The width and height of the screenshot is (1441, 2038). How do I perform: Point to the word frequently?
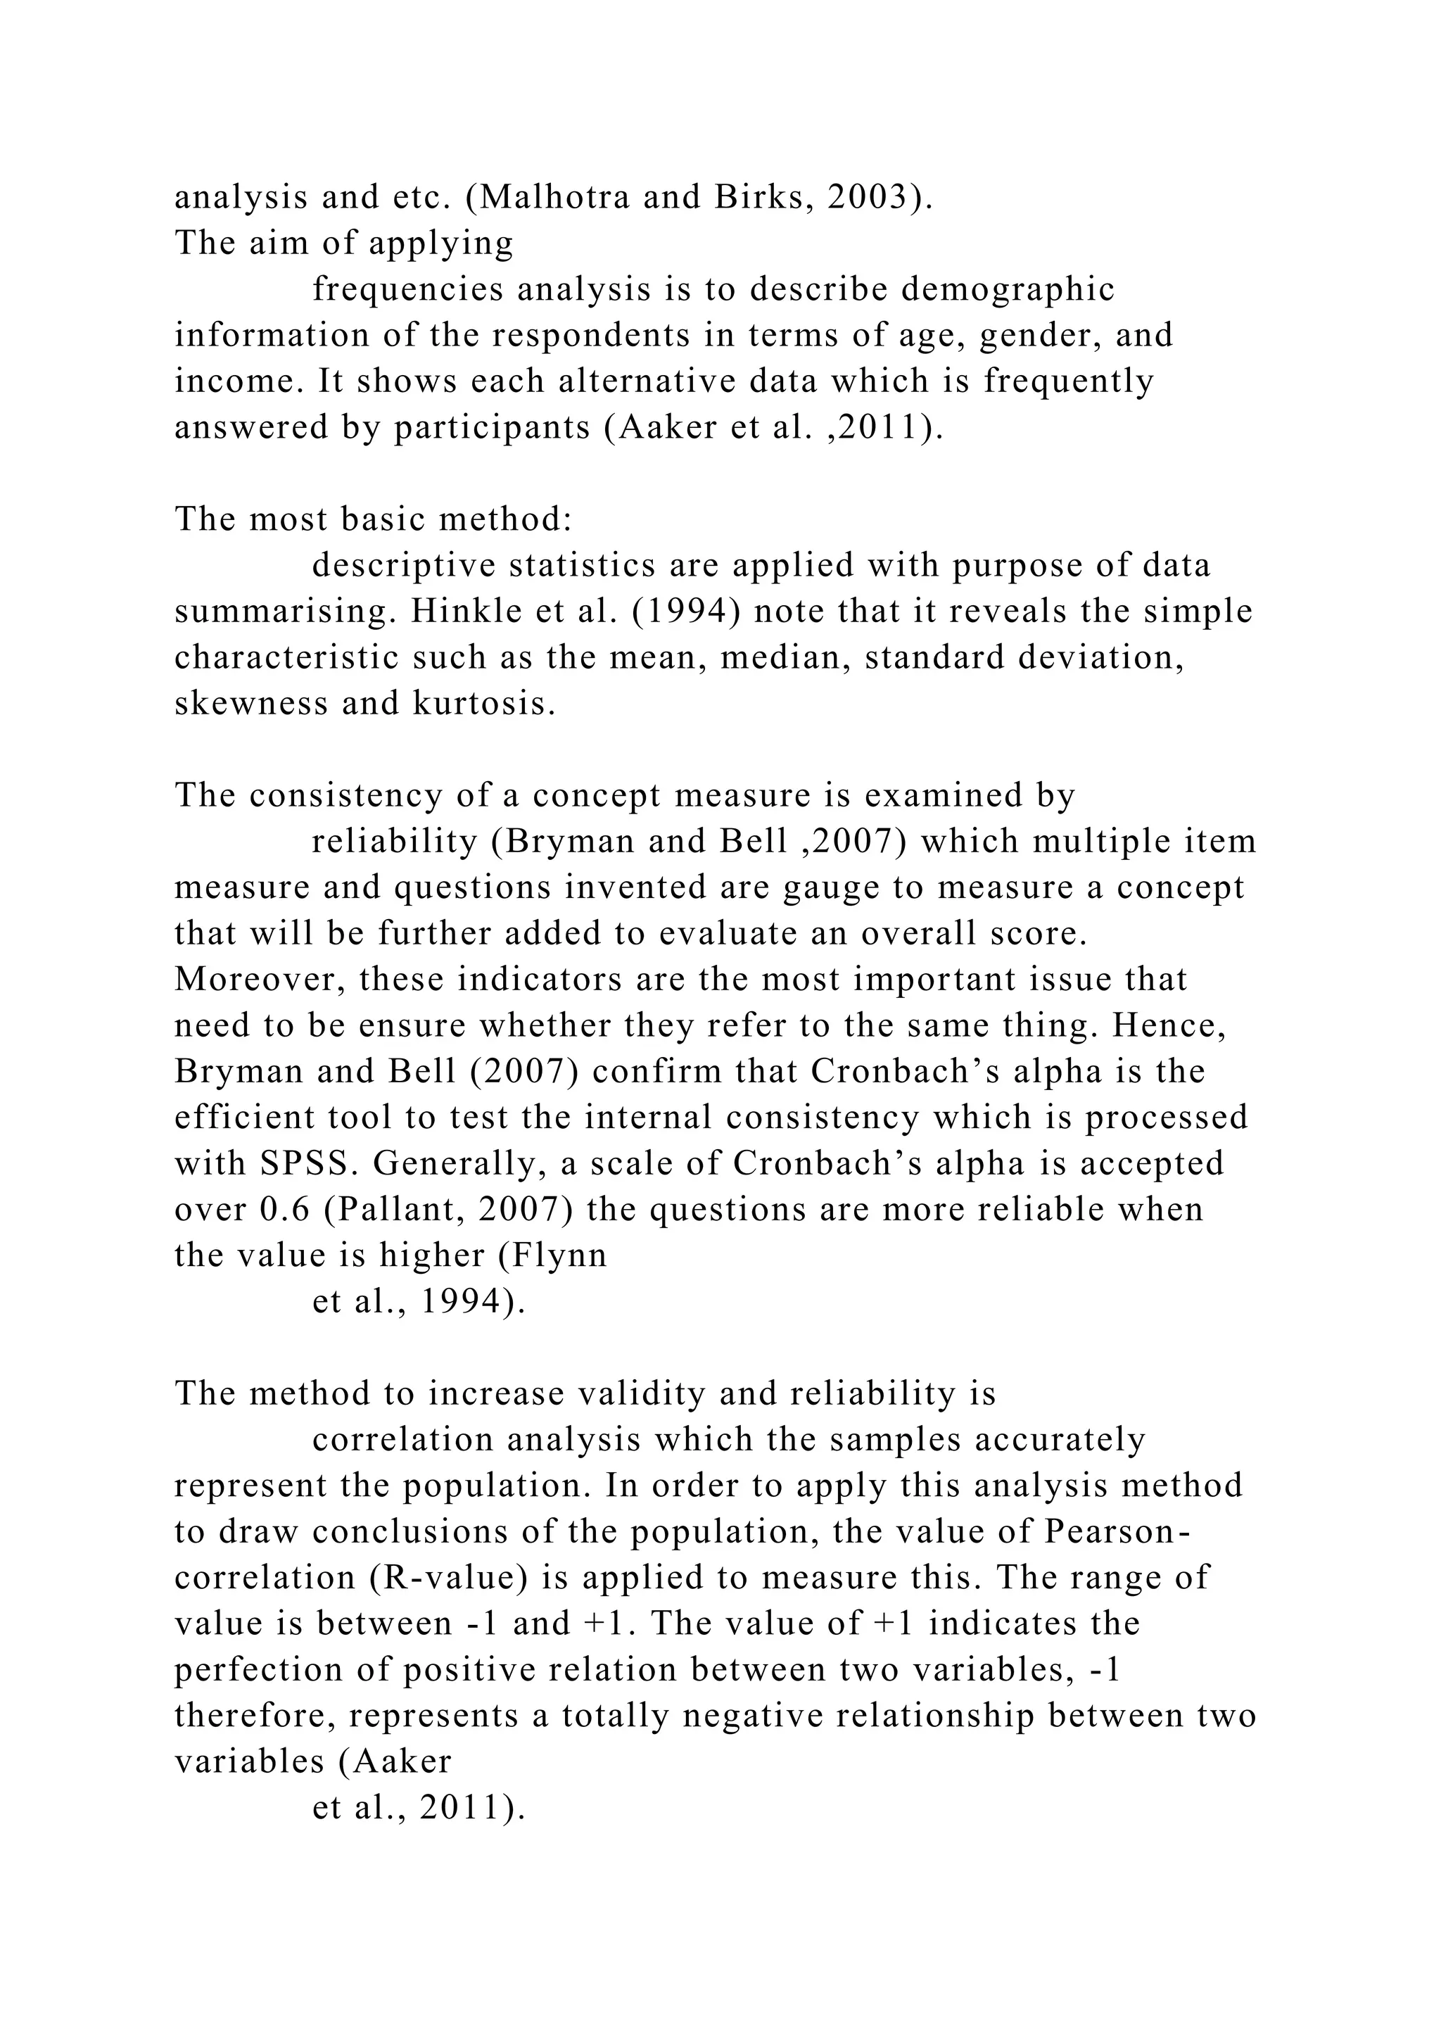pos(1068,381)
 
